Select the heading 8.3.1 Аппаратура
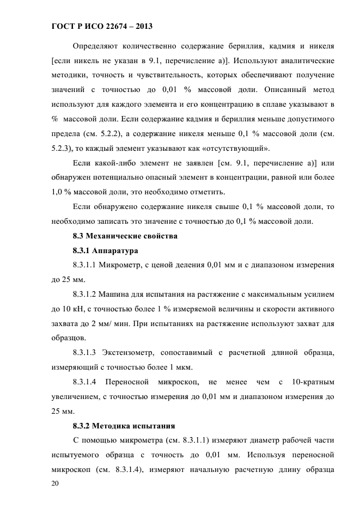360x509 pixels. coord(108,251)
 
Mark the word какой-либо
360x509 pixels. coord(112,163)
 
